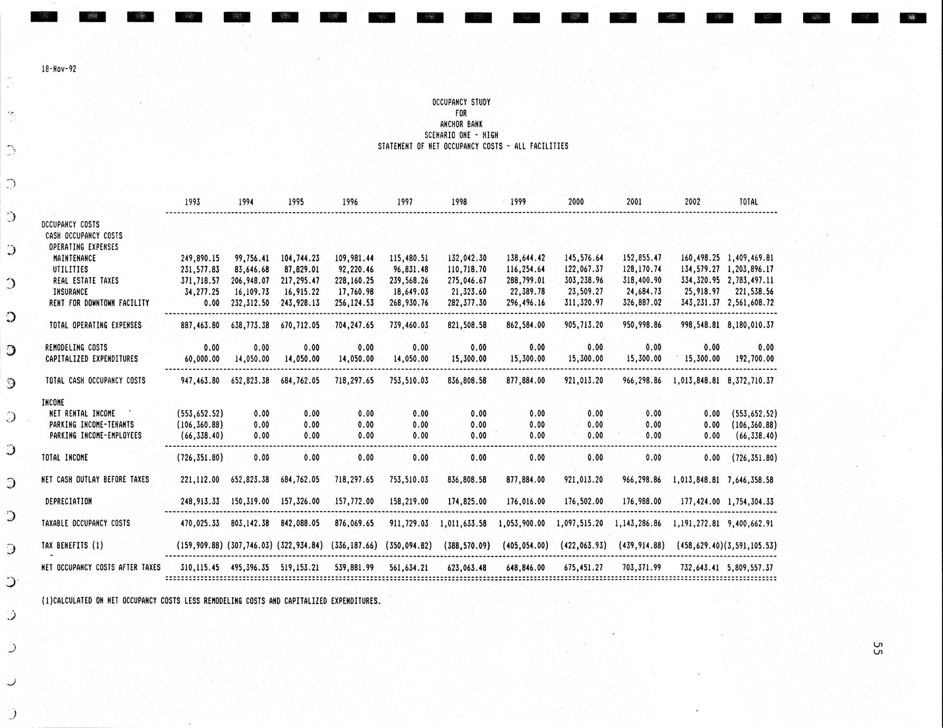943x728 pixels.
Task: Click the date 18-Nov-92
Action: pyautogui.click(x=59, y=69)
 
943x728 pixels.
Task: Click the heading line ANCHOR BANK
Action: pyautogui.click(x=461, y=124)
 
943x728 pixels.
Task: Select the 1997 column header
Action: pyautogui.click(x=405, y=202)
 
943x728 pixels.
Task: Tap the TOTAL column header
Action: pyautogui.click(x=748, y=202)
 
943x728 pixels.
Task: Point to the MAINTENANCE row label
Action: pyautogui.click(x=74, y=258)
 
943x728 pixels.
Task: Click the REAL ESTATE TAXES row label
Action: pyautogui.click(x=85, y=281)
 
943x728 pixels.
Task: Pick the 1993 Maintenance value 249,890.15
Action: pyautogui.click(x=200, y=258)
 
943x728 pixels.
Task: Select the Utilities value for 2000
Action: pyautogui.click(x=583, y=270)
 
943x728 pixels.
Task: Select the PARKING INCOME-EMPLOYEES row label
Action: pyautogui.click(x=96, y=436)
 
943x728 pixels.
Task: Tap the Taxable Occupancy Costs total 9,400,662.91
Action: pyautogui.click(x=750, y=524)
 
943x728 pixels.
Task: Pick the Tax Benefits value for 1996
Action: pyautogui.click(x=354, y=546)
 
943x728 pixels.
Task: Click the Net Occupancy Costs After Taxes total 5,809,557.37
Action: pyautogui.click(x=750, y=568)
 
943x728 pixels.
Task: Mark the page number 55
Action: pyautogui.click(x=877, y=648)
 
